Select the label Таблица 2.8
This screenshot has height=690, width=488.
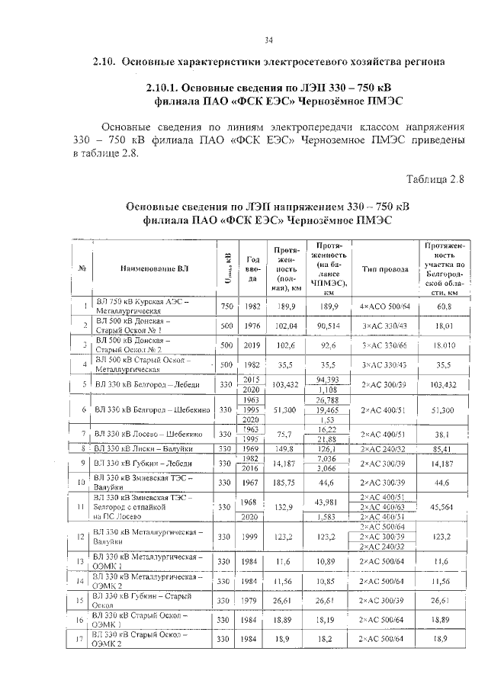click(x=435, y=179)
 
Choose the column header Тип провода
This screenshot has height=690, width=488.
click(x=384, y=270)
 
